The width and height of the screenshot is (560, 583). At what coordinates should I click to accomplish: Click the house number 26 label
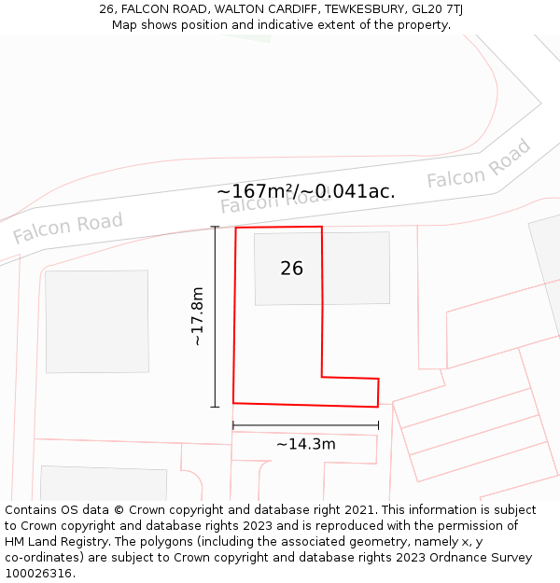pyautogui.click(x=291, y=269)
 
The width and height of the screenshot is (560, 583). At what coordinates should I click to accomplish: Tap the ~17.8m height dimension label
pyautogui.click(x=197, y=317)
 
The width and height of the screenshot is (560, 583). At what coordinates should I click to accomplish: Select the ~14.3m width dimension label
pyautogui.click(x=305, y=444)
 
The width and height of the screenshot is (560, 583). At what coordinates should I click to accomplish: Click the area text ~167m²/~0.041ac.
pyautogui.click(x=306, y=191)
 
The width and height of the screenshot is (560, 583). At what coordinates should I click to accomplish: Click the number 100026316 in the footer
pyautogui.click(x=40, y=574)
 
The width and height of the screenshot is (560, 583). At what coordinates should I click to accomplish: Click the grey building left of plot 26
pyautogui.click(x=97, y=321)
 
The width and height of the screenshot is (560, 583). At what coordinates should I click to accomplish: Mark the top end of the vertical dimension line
pyautogui.click(x=215, y=227)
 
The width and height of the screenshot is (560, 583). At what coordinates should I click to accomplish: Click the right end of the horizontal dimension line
pyautogui.click(x=379, y=425)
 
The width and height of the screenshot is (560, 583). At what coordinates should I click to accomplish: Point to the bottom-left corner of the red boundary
pyautogui.click(x=233, y=403)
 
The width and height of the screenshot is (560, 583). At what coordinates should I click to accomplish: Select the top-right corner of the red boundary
pyautogui.click(x=322, y=227)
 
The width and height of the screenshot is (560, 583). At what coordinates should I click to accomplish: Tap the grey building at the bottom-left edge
pyautogui.click(x=103, y=483)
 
